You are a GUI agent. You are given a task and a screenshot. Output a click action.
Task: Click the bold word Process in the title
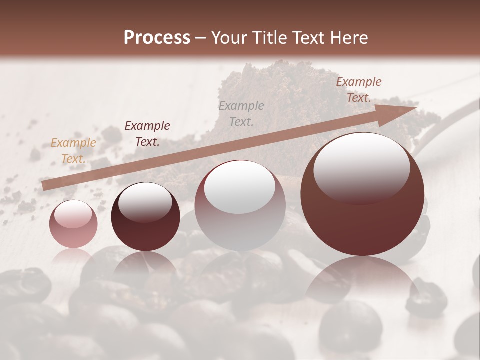click(157, 38)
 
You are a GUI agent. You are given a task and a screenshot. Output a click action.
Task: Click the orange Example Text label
click(73, 151)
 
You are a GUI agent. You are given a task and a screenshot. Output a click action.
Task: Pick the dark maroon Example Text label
click(147, 133)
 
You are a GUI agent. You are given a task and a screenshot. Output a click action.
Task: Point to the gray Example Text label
click(241, 113)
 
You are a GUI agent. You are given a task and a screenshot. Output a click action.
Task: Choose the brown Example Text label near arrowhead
click(358, 90)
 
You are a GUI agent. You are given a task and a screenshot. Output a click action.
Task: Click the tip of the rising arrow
click(416, 107)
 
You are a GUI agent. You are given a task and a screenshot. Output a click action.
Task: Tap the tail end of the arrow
click(43, 186)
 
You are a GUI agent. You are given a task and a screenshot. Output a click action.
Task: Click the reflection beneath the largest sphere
click(362, 280)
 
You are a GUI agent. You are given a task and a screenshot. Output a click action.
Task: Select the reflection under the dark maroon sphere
click(145, 265)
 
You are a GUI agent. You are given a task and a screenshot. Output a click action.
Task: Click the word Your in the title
click(229, 38)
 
